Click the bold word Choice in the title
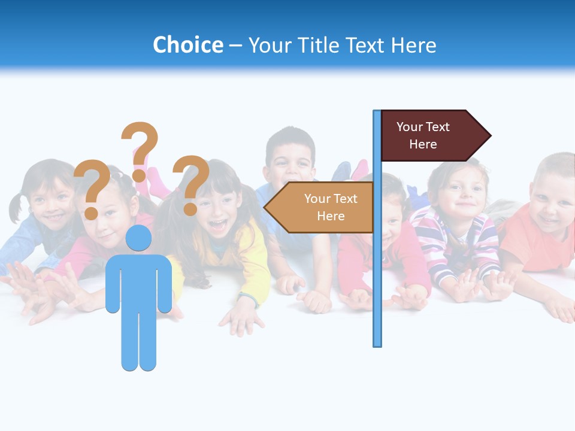point(187,45)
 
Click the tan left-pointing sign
point(320,207)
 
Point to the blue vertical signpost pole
point(377,269)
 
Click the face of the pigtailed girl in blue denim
point(50,198)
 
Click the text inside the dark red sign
point(423,135)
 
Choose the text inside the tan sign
point(331,207)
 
